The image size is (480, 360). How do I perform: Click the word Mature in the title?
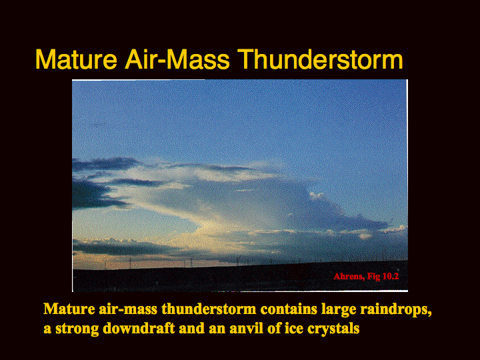tap(76, 59)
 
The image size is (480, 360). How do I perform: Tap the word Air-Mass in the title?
tap(177, 59)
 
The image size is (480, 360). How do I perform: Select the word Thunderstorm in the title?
tap(320, 59)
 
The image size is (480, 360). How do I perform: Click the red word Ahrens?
tap(349, 277)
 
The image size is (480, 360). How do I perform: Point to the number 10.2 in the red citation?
tap(390, 277)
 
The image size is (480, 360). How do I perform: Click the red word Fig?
tap(373, 277)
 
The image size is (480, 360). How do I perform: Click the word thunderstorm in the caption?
tap(209, 309)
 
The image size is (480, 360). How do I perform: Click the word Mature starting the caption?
tap(69, 309)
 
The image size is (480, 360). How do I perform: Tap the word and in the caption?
tap(191, 329)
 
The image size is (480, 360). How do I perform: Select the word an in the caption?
tap(217, 329)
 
